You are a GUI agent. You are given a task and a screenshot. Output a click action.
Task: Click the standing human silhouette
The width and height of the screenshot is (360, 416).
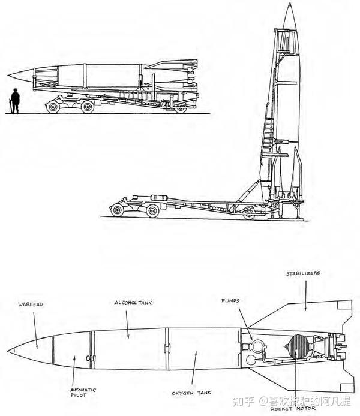14,101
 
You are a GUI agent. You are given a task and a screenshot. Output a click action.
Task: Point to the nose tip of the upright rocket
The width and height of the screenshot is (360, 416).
290,4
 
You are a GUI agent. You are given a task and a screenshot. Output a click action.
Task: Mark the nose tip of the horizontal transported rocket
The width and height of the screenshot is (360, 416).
10,75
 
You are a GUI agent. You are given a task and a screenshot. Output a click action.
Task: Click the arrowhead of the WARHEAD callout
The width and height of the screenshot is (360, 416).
37,346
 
